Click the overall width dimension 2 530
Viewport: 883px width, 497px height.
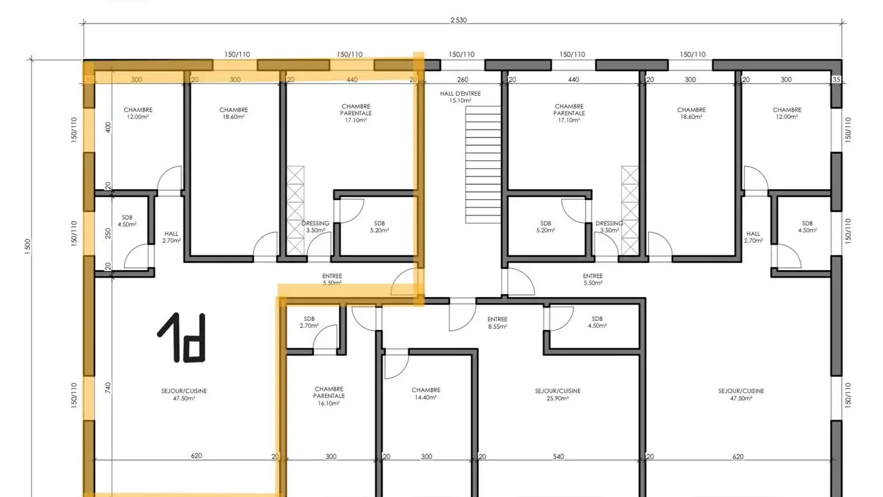pyautogui.click(x=459, y=20)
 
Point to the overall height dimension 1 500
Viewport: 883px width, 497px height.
pyautogui.click(x=28, y=247)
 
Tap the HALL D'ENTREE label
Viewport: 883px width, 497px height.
pyautogui.click(x=461, y=94)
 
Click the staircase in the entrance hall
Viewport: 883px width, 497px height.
pyautogui.click(x=483, y=164)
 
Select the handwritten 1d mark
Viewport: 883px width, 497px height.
pyautogui.click(x=182, y=337)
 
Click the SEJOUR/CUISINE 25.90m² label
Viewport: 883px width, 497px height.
pyautogui.click(x=558, y=395)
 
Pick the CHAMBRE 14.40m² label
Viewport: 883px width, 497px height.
pyautogui.click(x=426, y=394)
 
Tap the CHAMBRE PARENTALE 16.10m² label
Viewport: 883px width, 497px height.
pyautogui.click(x=329, y=396)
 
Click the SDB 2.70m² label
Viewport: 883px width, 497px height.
pyautogui.click(x=310, y=322)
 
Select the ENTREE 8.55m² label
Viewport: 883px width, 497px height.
pyautogui.click(x=497, y=323)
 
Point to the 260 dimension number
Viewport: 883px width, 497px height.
pyautogui.click(x=463, y=80)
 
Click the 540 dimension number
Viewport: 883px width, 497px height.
pyautogui.click(x=559, y=457)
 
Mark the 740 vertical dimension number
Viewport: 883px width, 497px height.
pyautogui.click(x=108, y=388)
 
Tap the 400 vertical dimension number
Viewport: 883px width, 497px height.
pyautogui.click(x=108, y=127)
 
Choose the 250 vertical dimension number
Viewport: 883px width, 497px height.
pyautogui.click(x=108, y=234)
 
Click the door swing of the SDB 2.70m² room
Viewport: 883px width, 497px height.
pyautogui.click(x=326, y=337)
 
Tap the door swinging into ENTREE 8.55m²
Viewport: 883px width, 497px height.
pyautogui.click(x=462, y=315)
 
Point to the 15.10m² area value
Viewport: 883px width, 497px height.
pyautogui.click(x=461, y=101)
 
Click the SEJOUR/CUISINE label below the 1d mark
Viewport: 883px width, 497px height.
pyautogui.click(x=184, y=391)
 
